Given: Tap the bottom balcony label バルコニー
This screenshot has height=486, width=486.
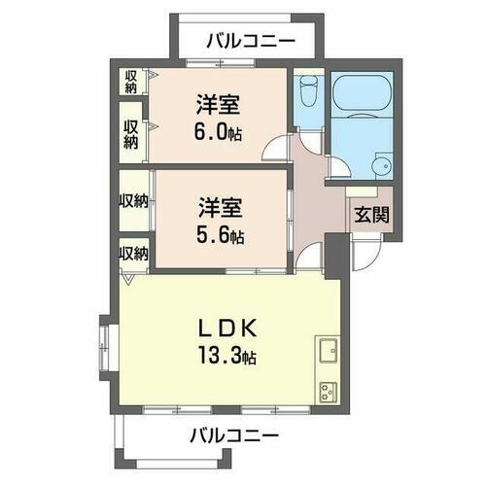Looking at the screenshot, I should point(234,434).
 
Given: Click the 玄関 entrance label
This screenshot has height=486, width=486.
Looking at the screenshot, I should point(371,214).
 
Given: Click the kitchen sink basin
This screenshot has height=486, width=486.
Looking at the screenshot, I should point(328,349).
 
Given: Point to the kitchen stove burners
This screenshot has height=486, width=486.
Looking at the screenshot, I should point(328,389).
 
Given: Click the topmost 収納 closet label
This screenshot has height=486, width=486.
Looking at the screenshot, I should point(129,81).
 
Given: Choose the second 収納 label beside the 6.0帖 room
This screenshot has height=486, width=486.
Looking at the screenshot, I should point(129,133).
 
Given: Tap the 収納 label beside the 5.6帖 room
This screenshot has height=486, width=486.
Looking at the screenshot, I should point(133,201).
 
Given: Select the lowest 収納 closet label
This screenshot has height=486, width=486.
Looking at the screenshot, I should point(133,254).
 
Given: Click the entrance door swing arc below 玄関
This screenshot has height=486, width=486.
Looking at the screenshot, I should point(369,255).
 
